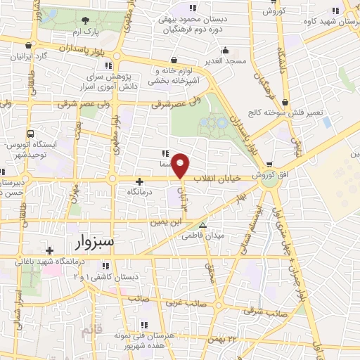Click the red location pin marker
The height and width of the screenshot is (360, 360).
click(181, 166)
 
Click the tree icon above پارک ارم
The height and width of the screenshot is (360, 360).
click(85, 20)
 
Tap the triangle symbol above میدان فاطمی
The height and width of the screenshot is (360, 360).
click(202, 226)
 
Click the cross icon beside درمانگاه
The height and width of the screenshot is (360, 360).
click(139, 181)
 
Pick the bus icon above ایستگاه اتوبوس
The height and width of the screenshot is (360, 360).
click(30, 133)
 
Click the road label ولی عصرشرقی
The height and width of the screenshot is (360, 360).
click(167, 104)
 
